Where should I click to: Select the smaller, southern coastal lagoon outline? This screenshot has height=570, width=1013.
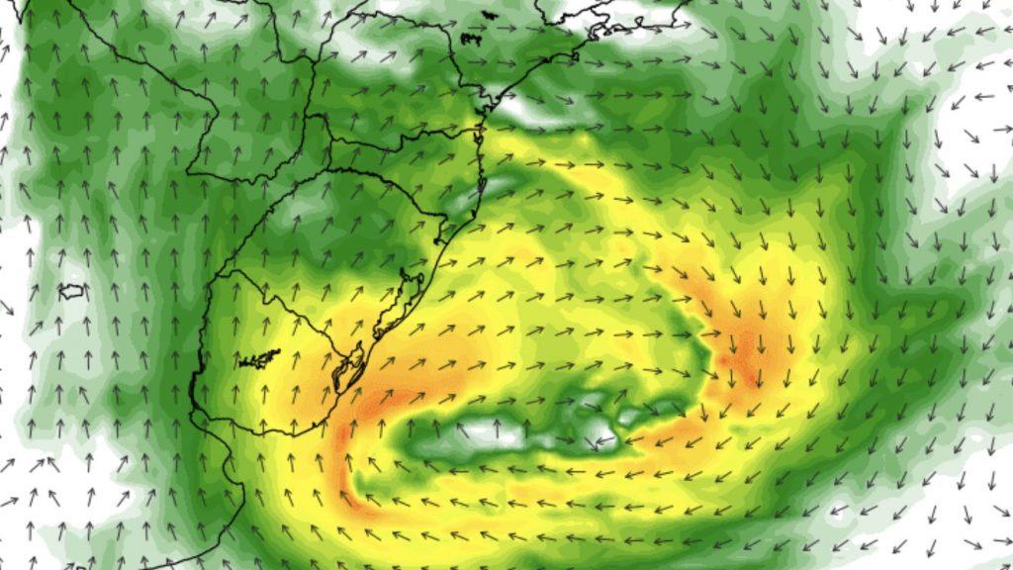[347, 373]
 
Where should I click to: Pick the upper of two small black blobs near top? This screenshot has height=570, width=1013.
[471, 38]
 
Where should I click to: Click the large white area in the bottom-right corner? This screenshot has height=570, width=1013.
[950, 524]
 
